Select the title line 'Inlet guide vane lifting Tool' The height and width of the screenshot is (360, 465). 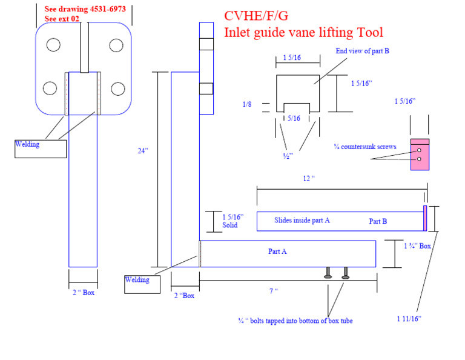coord(303,32)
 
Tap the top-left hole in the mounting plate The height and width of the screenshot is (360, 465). coord(53,45)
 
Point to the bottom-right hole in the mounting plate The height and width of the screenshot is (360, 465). coord(117,88)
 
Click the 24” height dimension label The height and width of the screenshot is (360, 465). coord(142,151)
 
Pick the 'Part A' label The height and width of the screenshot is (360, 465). coord(277,251)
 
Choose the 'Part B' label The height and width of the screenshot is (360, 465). coord(378,221)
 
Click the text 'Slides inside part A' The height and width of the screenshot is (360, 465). coord(302,221)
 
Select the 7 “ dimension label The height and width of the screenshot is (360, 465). coord(274,292)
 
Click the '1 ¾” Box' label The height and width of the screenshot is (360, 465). coord(417,246)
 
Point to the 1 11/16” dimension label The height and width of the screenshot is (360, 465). coord(409,318)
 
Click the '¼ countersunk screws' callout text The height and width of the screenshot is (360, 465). coord(364,147)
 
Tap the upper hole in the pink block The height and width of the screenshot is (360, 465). coord(418,150)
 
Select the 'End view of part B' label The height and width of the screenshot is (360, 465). coord(362,51)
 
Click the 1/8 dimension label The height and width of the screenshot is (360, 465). coord(246,104)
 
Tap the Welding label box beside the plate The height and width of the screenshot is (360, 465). coord(41,148)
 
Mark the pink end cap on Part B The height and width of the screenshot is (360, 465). coord(425,218)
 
